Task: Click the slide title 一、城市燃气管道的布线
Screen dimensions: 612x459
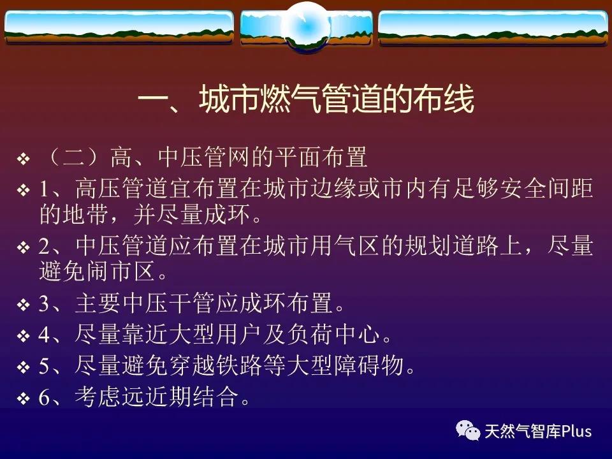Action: pyautogui.click(x=306, y=99)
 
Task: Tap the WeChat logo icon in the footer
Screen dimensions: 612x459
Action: pyautogui.click(x=468, y=430)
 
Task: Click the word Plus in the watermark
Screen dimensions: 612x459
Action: pyautogui.click(x=576, y=432)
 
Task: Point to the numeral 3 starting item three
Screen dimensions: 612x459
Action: pyautogui.click(x=44, y=303)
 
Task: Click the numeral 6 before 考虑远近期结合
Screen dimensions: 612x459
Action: pyautogui.click(x=44, y=397)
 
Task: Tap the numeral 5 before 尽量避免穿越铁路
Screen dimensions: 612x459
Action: pyautogui.click(x=44, y=366)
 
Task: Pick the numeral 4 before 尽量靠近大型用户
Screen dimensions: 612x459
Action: pyautogui.click(x=44, y=335)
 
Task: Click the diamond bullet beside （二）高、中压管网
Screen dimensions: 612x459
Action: pyautogui.click(x=24, y=159)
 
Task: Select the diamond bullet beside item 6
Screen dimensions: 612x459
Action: pyautogui.click(x=24, y=398)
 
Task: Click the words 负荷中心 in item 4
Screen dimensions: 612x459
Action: pyautogui.click(x=333, y=335)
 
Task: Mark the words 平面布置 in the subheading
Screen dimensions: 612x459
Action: pyautogui.click(x=321, y=157)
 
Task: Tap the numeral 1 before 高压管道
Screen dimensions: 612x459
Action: pyautogui.click(x=44, y=188)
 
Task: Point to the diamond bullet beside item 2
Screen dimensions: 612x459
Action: pyautogui.click(x=24, y=247)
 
